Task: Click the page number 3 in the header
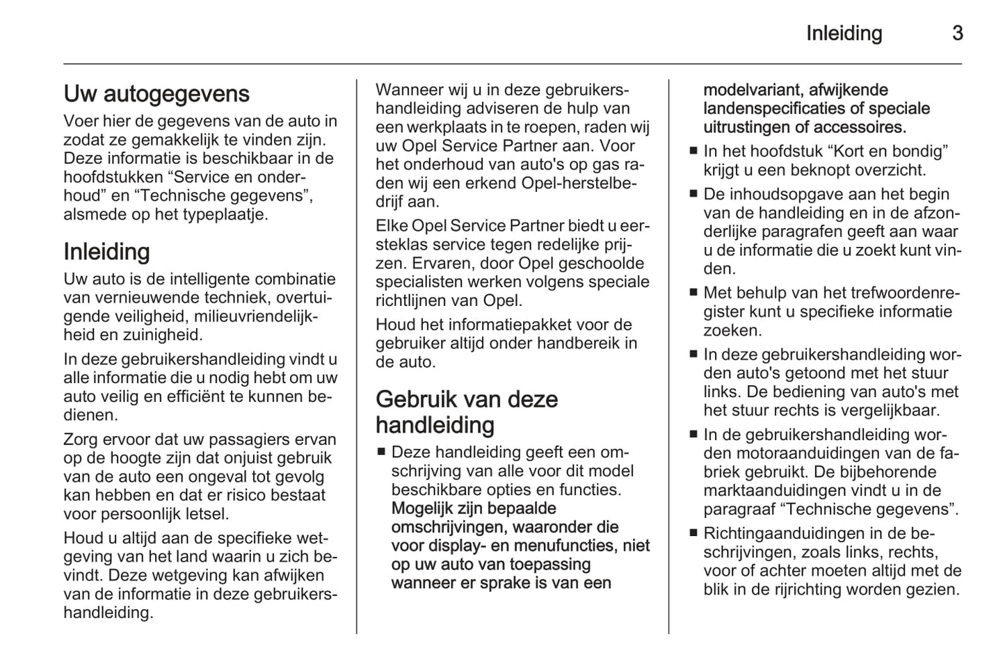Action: point(957,33)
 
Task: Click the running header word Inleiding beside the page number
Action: point(844,33)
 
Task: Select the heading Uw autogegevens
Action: point(156,94)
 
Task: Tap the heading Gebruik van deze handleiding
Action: point(467,412)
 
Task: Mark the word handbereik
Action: point(579,343)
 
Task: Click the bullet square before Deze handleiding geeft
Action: point(381,452)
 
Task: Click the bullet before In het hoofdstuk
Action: point(693,152)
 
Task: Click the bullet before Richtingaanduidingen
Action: point(693,534)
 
